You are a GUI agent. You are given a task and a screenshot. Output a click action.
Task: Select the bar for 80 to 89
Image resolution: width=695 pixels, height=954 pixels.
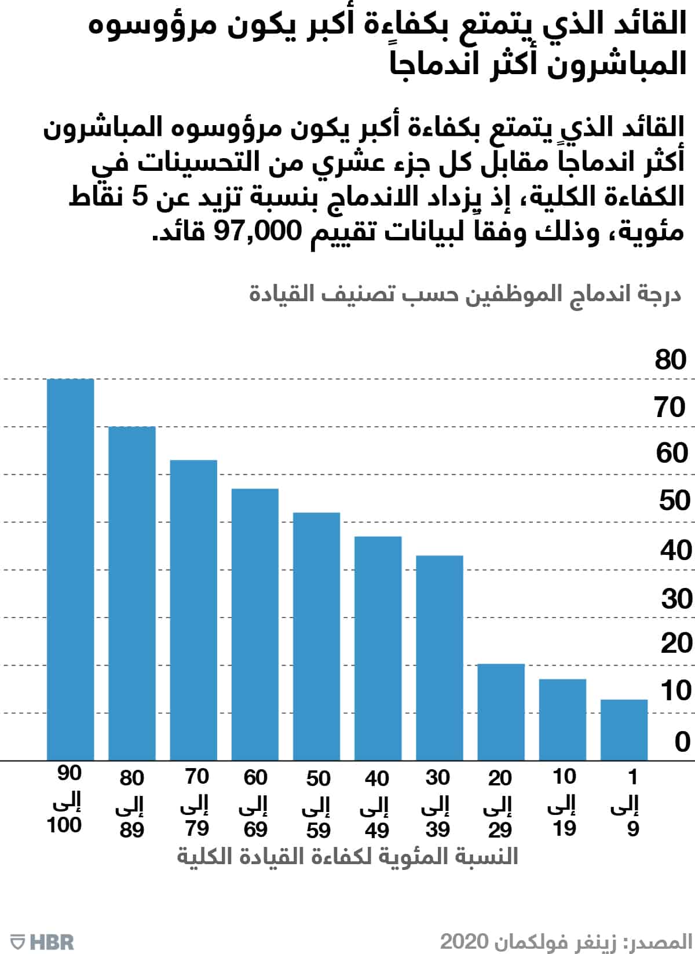tap(132, 593)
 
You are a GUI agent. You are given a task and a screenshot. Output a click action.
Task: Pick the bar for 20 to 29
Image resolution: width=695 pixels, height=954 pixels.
tap(501, 712)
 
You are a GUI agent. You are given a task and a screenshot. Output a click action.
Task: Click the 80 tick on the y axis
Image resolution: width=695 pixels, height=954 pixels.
tap(671, 360)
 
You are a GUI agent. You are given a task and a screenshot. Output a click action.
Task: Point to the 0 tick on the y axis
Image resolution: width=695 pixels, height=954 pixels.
tap(682, 742)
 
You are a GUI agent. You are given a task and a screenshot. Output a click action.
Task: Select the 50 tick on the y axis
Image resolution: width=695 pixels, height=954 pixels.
tap(674, 501)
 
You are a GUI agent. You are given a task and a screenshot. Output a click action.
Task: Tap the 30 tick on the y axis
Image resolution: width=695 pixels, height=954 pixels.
tap(676, 599)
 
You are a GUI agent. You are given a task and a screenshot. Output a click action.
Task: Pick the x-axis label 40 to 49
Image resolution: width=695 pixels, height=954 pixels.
tap(377, 803)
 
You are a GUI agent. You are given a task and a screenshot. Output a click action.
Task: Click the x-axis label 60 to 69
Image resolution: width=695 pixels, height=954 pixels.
tap(255, 803)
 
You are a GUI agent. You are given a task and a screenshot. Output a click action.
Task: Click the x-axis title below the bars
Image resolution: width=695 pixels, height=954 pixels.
tap(348, 856)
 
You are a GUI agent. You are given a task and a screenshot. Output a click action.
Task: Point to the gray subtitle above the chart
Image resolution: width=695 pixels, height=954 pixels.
tap(465, 294)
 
